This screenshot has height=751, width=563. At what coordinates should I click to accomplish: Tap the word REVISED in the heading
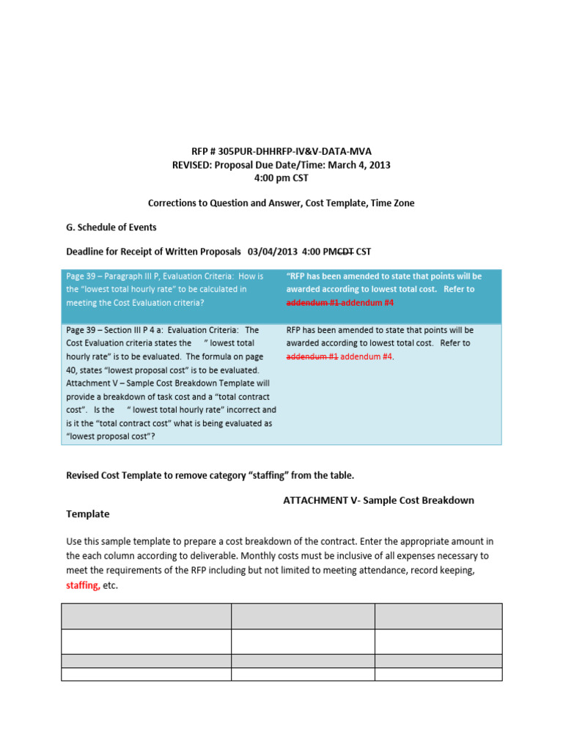tap(193, 165)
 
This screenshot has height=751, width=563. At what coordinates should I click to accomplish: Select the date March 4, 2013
tap(358, 165)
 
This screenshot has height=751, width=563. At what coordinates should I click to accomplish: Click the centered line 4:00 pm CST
tap(281, 179)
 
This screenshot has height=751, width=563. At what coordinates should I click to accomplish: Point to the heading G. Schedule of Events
tap(111, 227)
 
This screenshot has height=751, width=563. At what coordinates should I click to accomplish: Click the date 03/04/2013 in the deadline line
tap(273, 252)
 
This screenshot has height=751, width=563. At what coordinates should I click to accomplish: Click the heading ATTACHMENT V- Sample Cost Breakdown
tap(378, 500)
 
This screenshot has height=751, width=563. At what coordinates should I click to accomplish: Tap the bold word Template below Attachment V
tap(88, 514)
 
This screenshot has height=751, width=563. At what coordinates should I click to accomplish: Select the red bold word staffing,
tap(84, 585)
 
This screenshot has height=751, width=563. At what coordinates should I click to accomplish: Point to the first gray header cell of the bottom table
tap(147, 616)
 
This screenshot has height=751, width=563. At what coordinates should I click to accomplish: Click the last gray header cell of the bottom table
tap(438, 616)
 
